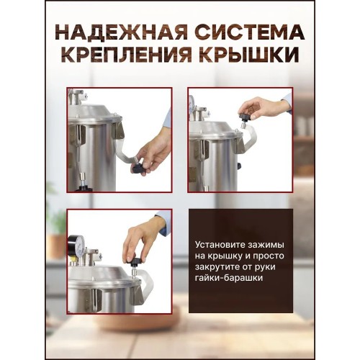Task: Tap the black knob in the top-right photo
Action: tap(245, 117)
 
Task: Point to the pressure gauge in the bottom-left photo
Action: tap(76, 248)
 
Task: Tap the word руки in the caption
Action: tap(266, 267)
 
